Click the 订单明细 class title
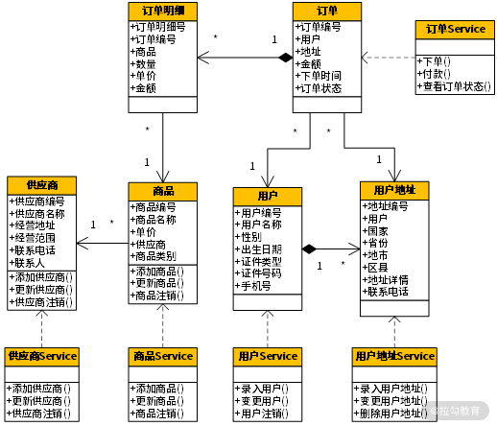(x=162, y=11)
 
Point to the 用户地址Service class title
(x=394, y=356)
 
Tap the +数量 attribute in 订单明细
(x=143, y=63)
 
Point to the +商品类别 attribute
(x=154, y=256)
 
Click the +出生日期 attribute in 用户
(x=260, y=249)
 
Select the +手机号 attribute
(x=254, y=287)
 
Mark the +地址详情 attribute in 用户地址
(x=387, y=280)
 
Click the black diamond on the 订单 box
(x=285, y=59)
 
